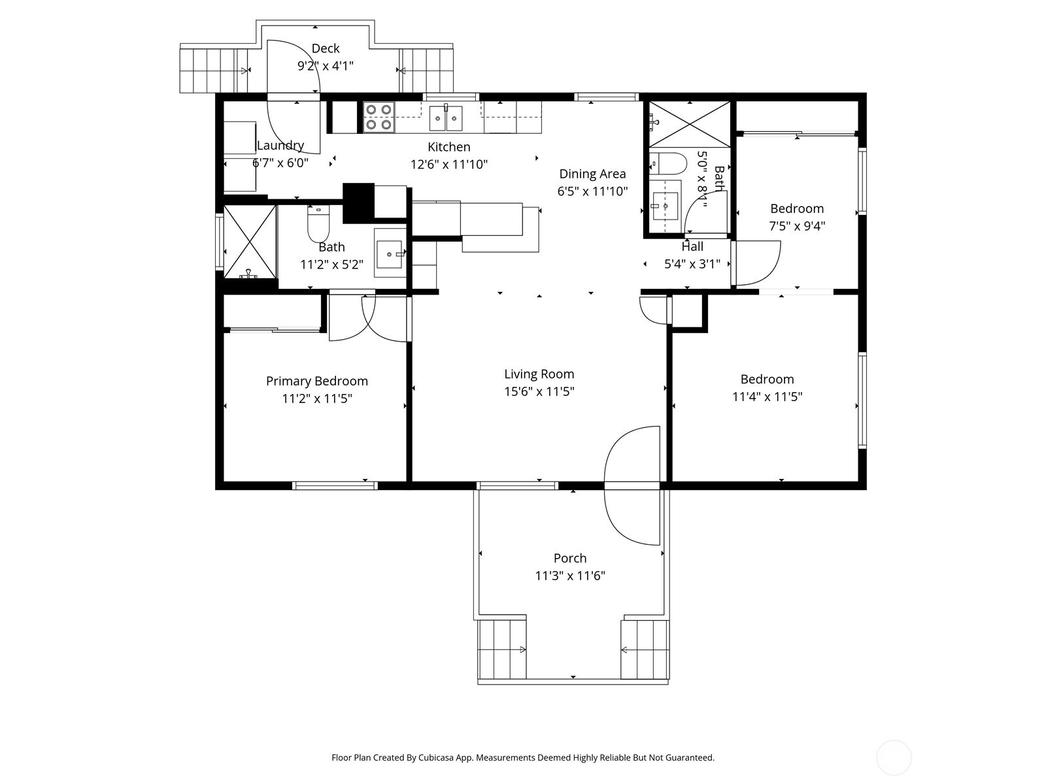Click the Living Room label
[x=539, y=374]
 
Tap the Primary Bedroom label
[x=317, y=381]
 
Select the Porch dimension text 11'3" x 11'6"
[x=570, y=576]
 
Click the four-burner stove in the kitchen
[x=379, y=117]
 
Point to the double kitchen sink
[x=446, y=118]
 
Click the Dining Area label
[x=592, y=174]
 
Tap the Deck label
[x=326, y=48]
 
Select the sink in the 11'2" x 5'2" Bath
[x=390, y=254]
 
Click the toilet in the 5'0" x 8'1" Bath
[x=667, y=163]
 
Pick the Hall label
[x=692, y=246]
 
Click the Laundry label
[x=280, y=145]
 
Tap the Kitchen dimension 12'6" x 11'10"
[x=449, y=165]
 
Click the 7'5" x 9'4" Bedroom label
[x=797, y=208]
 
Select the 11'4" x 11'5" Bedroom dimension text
[x=768, y=397]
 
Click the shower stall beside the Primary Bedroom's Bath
[x=250, y=242]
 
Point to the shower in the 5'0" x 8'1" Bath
[x=690, y=123]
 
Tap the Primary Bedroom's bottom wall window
[x=335, y=485]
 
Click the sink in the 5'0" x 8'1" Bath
[x=665, y=206]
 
